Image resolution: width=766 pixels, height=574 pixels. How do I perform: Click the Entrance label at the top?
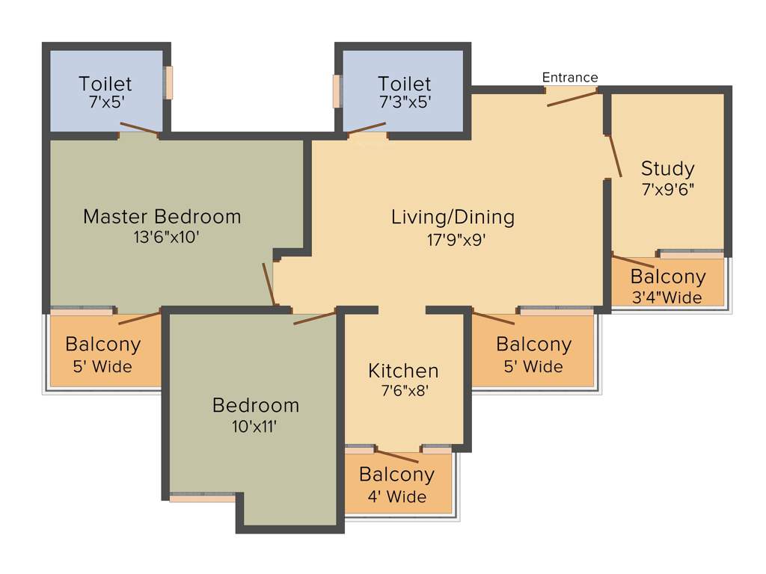point(570,78)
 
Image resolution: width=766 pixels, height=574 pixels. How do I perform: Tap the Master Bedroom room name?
point(162,217)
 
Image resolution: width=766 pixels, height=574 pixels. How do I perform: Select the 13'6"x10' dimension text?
point(162,238)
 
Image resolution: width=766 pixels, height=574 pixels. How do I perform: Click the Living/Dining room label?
point(453,217)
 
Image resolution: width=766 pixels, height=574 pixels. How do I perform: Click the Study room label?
point(667,168)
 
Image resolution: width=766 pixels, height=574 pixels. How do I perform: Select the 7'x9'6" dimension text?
point(668,189)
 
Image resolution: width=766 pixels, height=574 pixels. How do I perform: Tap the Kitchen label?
point(403,370)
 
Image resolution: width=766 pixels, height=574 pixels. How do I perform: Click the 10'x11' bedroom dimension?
point(256,426)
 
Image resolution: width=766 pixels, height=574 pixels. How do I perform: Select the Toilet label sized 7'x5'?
point(105,83)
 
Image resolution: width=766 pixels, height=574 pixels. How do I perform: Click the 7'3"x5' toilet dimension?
point(405,103)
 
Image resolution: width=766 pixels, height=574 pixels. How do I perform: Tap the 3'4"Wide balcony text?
point(667,297)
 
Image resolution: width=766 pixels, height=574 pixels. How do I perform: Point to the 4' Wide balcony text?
point(396,496)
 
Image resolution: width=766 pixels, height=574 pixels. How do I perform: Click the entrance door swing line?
point(572,97)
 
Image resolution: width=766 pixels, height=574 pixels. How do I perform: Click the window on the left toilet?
point(169,83)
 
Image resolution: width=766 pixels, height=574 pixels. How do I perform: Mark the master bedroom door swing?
point(269,284)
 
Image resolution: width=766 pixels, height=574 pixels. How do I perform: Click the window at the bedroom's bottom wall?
point(202,496)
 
